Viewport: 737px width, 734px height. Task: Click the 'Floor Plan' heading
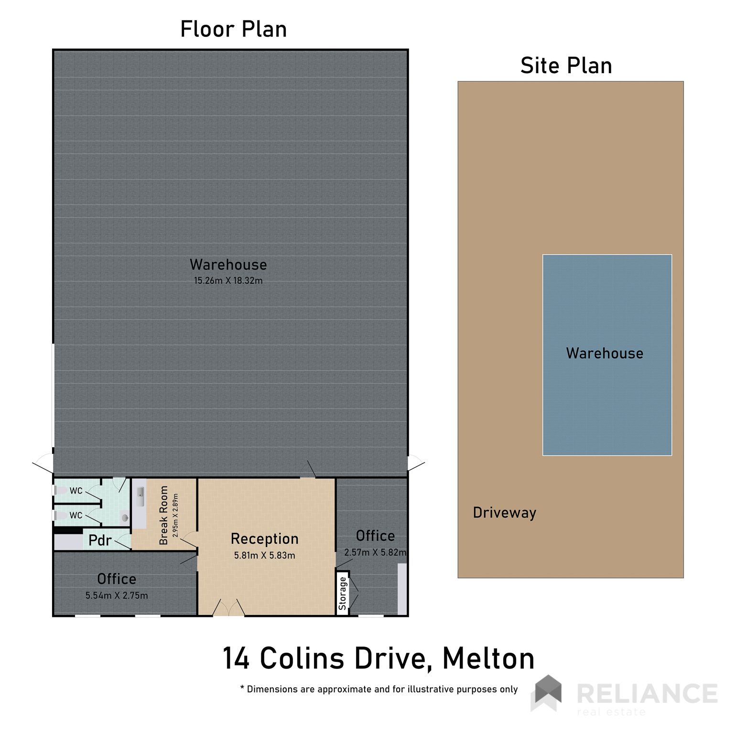click(x=233, y=29)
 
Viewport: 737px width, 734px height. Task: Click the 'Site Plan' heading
click(x=566, y=65)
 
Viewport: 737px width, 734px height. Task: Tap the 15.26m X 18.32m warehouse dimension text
click(x=228, y=281)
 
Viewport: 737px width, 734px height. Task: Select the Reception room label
click(x=264, y=539)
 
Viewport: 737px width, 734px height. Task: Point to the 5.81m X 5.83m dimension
click(x=264, y=555)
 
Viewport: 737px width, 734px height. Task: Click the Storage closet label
click(x=342, y=594)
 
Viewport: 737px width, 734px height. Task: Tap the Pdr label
click(x=100, y=540)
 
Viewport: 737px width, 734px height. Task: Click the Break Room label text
click(x=164, y=515)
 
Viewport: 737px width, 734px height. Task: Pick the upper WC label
click(x=76, y=491)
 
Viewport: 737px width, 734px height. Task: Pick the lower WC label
click(x=76, y=516)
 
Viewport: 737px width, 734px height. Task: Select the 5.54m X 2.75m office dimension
click(x=117, y=595)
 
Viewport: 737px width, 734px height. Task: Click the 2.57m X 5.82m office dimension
click(x=375, y=552)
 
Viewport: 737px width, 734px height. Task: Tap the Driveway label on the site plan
click(x=504, y=513)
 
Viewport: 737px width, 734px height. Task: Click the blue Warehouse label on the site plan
click(x=605, y=353)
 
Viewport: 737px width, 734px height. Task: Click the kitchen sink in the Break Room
click(x=140, y=497)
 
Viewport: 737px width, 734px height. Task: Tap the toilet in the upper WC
click(x=60, y=490)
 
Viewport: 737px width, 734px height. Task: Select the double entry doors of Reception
click(x=228, y=608)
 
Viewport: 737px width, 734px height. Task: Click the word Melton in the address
click(x=488, y=658)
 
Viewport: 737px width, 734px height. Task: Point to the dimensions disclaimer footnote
click(x=379, y=689)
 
